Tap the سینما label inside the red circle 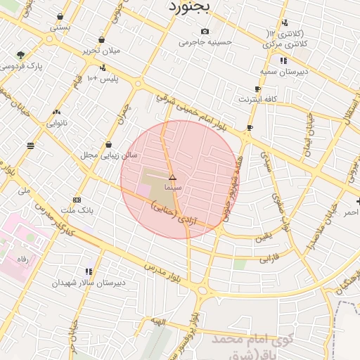pos(173,189)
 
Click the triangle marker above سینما pos(173,178)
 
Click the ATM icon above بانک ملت pos(77,199)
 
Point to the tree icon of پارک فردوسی pos(21,55)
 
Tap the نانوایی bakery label pos(57,123)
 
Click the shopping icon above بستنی pos(60,16)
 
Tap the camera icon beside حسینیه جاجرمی pos(205,31)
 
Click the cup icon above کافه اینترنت pos(257,89)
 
